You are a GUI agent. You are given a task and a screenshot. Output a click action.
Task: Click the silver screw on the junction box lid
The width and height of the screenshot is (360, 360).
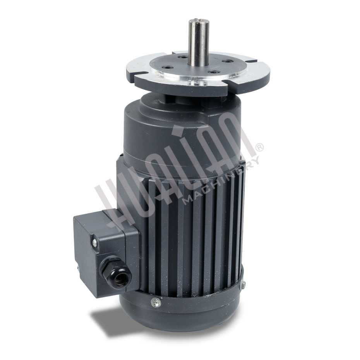pyautogui.click(x=94, y=242)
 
